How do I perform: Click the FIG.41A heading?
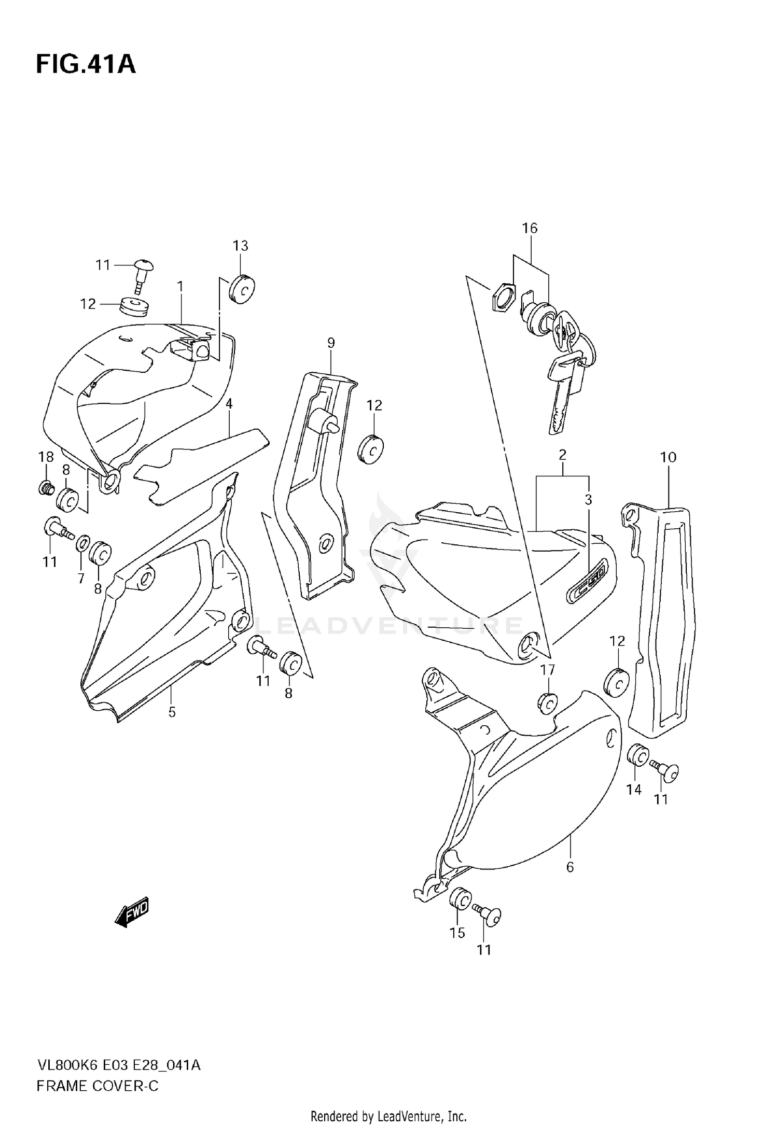(86, 64)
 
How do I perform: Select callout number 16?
(530, 228)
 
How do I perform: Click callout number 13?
(240, 246)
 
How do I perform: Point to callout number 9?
(331, 343)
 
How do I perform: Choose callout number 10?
(668, 457)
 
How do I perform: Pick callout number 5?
(172, 712)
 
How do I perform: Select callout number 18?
(46, 457)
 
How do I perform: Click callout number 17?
(548, 670)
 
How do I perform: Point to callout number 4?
(229, 403)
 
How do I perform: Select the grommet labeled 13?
(242, 289)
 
